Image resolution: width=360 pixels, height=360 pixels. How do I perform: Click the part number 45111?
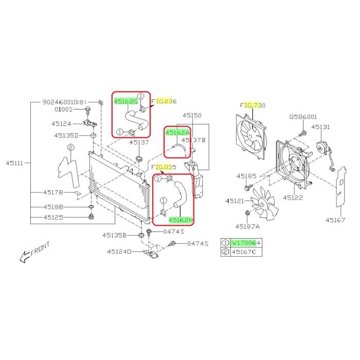(x=14, y=163)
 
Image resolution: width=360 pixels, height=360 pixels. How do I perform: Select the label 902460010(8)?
(x=64, y=102)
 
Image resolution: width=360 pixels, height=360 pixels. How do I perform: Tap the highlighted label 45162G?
(x=125, y=101)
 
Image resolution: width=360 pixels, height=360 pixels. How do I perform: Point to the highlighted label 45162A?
(x=177, y=133)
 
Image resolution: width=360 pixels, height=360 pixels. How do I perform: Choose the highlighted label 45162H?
(x=181, y=220)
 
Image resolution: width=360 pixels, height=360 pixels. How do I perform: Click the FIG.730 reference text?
(x=253, y=105)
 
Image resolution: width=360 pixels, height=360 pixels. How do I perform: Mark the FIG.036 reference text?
(x=164, y=101)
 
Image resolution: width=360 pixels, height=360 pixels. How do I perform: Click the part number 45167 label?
(x=335, y=220)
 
